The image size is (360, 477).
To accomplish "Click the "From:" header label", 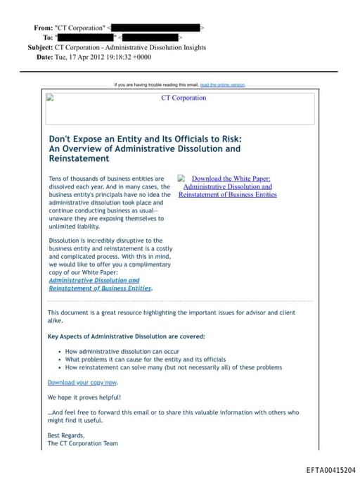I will click(x=43, y=28).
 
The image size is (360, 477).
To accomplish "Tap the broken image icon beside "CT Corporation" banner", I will click(x=50, y=98).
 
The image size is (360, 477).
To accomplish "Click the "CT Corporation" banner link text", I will click(x=184, y=98).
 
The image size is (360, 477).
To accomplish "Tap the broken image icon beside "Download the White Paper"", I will click(x=181, y=179).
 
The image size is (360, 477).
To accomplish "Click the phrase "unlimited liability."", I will click(x=74, y=227).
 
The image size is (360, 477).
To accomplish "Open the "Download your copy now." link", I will click(x=82, y=382).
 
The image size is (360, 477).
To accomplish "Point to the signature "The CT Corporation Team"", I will click(x=83, y=444).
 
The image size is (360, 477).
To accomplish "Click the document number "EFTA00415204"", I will click(x=330, y=469).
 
